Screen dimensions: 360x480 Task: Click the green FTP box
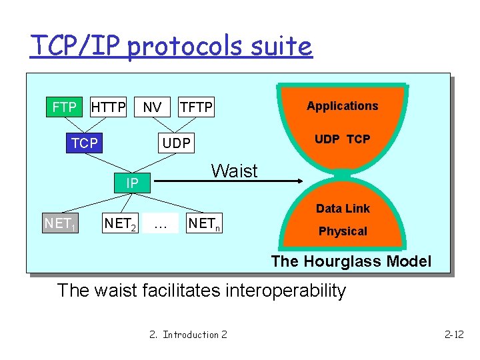coord(64,107)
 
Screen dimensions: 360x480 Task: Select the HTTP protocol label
coord(108,107)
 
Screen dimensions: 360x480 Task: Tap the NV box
coord(152,107)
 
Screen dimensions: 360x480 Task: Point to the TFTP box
coord(196,107)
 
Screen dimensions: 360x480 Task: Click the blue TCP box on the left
coord(85,143)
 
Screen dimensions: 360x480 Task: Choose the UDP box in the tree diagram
coord(177,143)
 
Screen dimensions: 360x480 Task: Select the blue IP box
coord(132,183)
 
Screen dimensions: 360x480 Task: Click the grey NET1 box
coord(59,223)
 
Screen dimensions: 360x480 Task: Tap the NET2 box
coord(120,224)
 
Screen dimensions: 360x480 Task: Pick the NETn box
coord(204,224)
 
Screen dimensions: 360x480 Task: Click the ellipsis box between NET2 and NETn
coord(160,224)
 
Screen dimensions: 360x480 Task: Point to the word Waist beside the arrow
coord(234,171)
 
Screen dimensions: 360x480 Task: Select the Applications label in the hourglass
coord(342,106)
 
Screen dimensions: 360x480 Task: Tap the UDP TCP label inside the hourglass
coord(342,139)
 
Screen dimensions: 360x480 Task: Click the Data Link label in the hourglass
coord(343,209)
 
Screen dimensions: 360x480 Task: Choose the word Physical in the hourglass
coord(343,231)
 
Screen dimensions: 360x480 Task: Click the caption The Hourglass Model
coord(351,261)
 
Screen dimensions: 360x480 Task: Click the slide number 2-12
coord(453,334)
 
